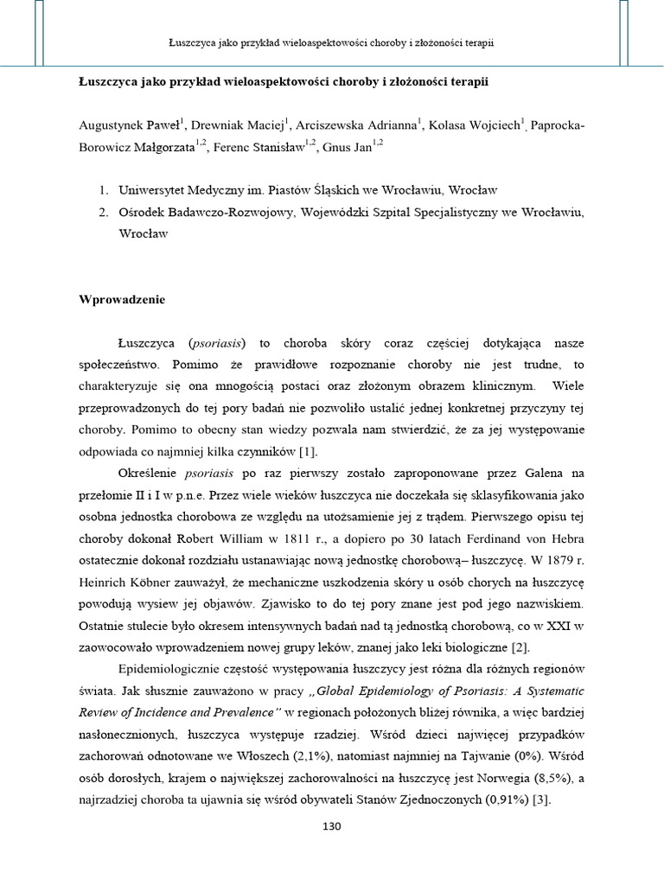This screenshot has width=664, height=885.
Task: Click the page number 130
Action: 332,825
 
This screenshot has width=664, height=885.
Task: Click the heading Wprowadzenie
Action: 122,300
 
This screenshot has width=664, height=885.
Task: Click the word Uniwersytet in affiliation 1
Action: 156,191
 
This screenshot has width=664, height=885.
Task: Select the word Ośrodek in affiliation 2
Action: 144,213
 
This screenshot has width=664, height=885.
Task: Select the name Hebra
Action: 563,540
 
